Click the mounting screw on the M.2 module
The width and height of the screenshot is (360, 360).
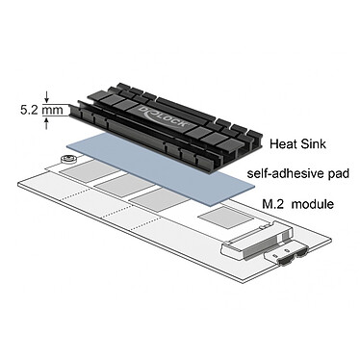[x=70, y=160]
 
